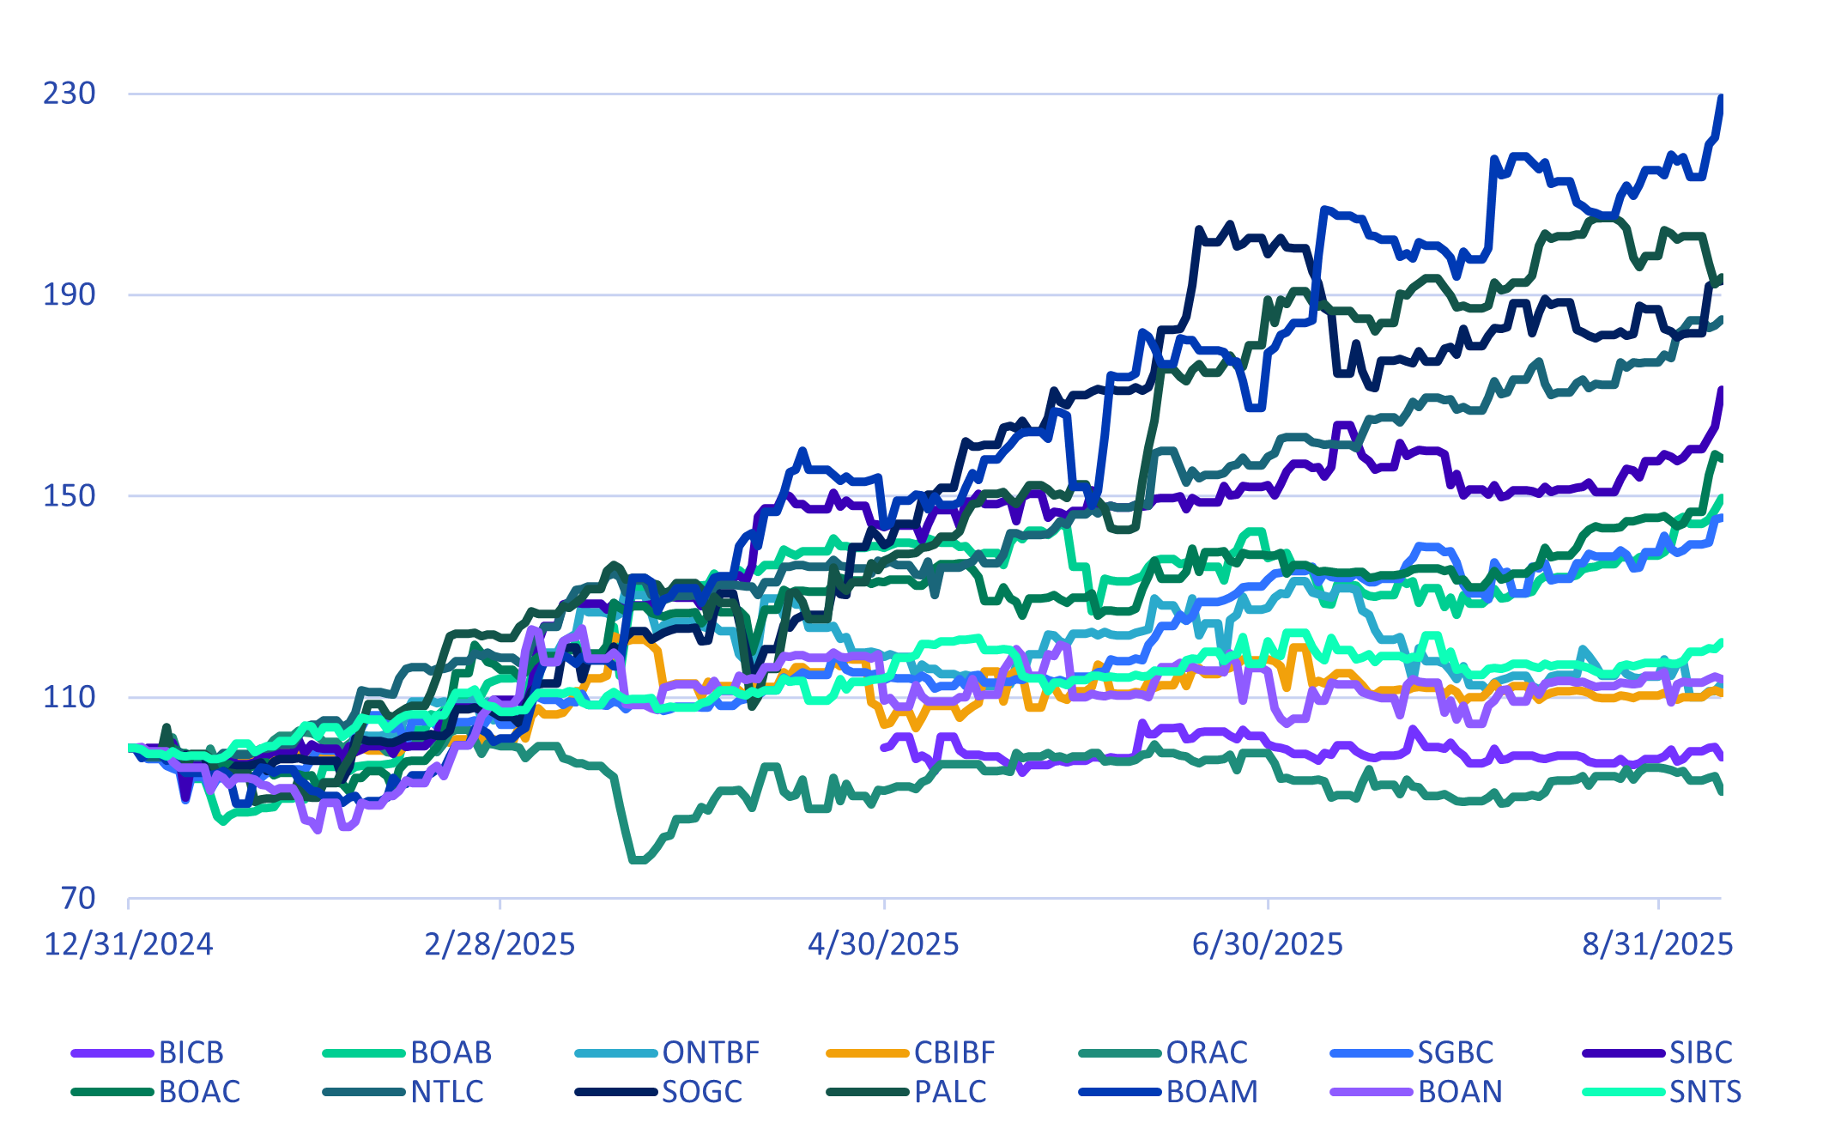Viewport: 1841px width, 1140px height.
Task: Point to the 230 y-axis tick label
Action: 70,93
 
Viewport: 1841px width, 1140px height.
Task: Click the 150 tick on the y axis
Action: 70,495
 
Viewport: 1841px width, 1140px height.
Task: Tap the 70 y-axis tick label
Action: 78,898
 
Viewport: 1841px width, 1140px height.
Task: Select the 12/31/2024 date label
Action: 129,945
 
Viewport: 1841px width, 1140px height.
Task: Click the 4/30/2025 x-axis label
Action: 883,945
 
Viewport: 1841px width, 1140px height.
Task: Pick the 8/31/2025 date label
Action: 1657,945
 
